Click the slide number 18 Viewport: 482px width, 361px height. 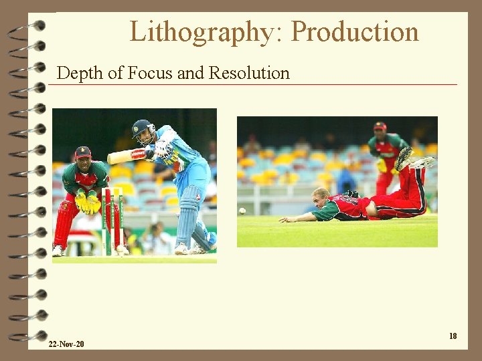453,336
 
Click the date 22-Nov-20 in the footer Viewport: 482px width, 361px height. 66,344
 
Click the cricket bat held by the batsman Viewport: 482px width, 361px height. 125,156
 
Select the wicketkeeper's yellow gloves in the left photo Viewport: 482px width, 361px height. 88,201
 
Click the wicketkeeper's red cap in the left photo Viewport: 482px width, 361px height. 83,152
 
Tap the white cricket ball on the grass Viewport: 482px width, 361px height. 242,211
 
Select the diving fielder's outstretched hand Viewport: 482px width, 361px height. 287,219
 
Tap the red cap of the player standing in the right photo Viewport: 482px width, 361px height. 380,126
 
